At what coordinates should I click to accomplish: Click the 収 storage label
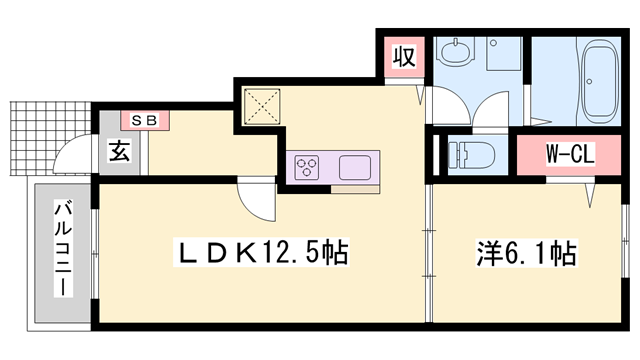coord(404,55)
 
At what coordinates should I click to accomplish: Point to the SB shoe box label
coord(146,120)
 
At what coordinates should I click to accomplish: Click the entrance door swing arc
coord(70,160)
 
